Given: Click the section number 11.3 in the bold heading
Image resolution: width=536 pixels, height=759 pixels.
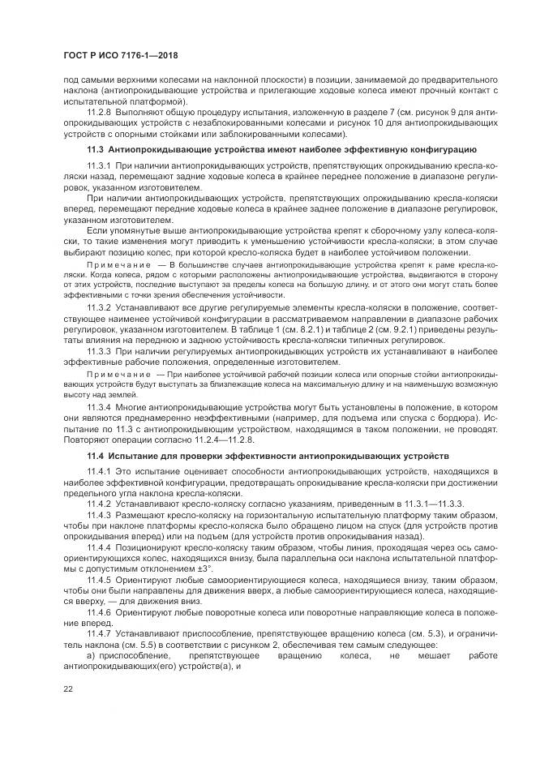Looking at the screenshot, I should (94, 150).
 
